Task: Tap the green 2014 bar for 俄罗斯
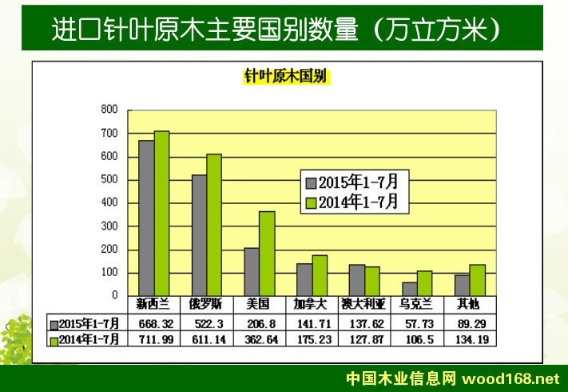coord(214,224)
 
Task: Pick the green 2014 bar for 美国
coord(267,253)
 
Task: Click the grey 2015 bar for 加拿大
coord(304,279)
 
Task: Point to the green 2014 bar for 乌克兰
coord(424,283)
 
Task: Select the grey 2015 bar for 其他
coord(462,285)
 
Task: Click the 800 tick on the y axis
coord(109,109)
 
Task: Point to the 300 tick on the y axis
coord(109,226)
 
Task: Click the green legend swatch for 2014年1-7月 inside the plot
coord(312,203)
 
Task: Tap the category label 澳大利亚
coord(363,305)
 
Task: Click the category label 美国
coord(258,305)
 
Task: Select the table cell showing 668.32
coord(154,323)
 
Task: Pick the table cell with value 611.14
coord(207,338)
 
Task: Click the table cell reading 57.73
coord(416,323)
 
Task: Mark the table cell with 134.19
coord(469,338)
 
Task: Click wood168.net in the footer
coord(521,378)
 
